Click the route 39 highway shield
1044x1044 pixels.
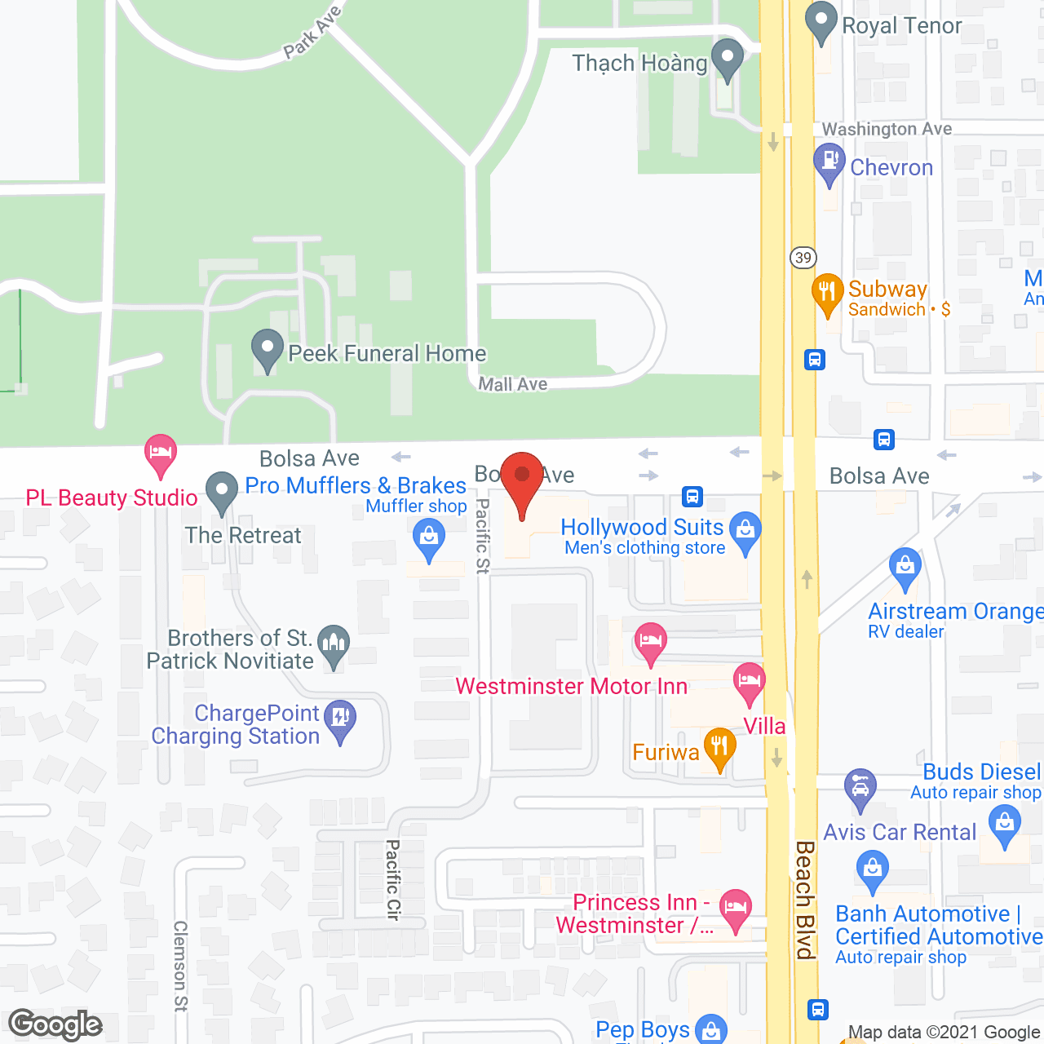803,258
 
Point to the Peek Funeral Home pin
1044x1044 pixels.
267,349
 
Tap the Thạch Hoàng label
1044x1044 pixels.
639,64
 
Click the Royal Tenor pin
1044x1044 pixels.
821,21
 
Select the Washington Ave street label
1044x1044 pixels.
887,129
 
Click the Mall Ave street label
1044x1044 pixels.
512,384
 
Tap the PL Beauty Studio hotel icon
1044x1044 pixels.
161,453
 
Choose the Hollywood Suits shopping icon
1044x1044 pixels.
745,530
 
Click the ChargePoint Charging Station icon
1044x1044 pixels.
340,719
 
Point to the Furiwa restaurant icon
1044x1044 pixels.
719,746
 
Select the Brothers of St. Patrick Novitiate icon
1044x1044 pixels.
333,644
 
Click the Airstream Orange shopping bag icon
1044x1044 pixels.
905,566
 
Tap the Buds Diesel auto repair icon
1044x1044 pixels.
860,787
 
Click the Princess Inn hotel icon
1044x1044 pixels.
735,907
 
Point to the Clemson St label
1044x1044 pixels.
180,966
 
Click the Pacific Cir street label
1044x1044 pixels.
392,880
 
